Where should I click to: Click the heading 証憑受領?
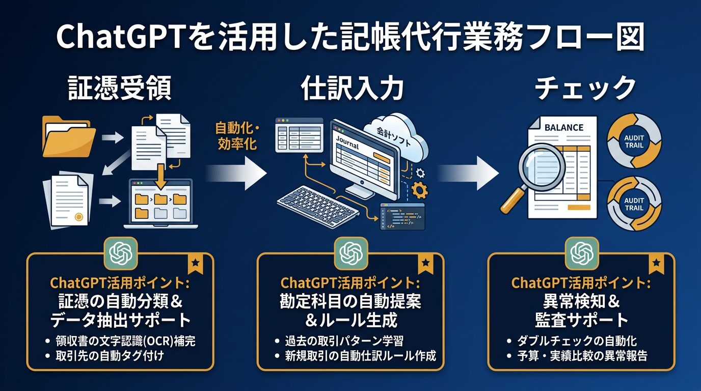[120, 89]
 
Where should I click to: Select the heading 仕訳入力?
[352, 89]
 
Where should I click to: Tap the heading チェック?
[585, 89]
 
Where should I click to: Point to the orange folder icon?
[68, 136]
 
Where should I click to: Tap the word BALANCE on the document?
[563, 127]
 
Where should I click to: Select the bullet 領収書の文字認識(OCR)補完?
[125, 341]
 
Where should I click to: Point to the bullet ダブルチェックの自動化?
[577, 341]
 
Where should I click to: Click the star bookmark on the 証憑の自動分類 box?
[194, 264]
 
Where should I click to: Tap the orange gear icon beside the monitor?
[419, 190]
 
